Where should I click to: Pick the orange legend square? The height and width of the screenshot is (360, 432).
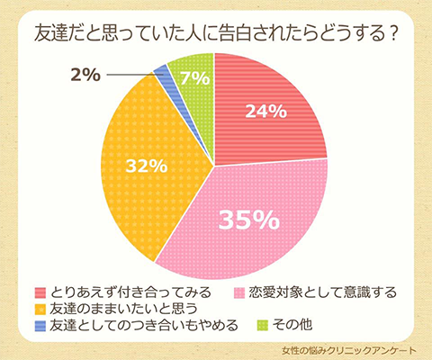point(40,309)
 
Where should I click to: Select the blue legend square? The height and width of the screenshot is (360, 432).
point(40,325)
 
